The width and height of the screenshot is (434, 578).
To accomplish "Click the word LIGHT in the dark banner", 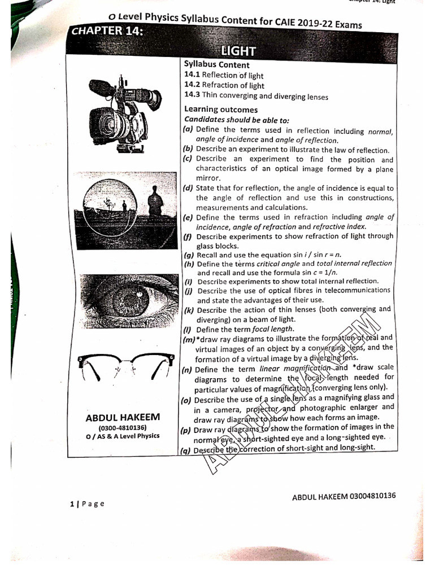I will [x=240, y=51].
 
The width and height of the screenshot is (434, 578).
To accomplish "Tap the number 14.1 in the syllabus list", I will [x=192, y=75].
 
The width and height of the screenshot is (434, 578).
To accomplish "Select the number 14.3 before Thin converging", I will [x=192, y=97].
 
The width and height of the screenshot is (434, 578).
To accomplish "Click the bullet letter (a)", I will [x=188, y=130].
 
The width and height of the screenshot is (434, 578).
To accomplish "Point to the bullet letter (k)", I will [x=189, y=310].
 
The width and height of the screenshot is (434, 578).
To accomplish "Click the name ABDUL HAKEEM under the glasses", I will [x=123, y=418].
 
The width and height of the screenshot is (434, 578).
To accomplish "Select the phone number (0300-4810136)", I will [x=123, y=428].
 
